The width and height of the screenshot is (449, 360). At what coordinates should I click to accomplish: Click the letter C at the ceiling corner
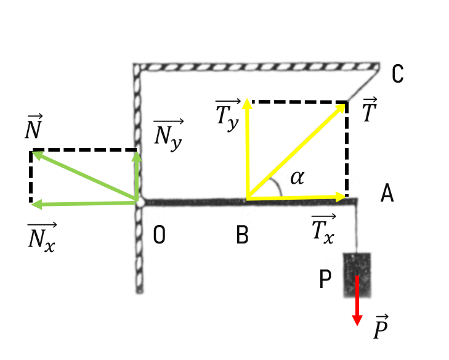pos(397,74)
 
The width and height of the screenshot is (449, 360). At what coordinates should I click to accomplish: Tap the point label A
pos(387,194)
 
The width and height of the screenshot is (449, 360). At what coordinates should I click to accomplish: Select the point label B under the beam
pos(242,235)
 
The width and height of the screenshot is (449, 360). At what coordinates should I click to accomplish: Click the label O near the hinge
pos(159,234)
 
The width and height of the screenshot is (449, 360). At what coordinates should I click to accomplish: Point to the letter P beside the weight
pos(325,279)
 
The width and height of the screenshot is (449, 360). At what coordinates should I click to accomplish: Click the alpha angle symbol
pos(297,178)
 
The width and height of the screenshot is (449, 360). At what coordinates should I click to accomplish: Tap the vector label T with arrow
pos(370,110)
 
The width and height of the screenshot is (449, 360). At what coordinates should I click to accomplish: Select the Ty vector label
pos(228,115)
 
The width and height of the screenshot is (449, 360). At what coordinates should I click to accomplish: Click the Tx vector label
pos(323,229)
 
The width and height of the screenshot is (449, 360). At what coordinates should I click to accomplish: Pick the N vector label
pos(34,127)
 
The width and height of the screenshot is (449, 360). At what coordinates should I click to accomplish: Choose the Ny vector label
pos(168,135)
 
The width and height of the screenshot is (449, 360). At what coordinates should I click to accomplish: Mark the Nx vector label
pos(42,238)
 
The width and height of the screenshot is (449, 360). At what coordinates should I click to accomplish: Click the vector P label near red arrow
pos(381,327)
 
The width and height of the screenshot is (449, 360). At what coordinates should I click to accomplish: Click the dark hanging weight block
pos(357,275)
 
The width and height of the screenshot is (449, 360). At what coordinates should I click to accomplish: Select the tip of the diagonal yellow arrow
pos(345,104)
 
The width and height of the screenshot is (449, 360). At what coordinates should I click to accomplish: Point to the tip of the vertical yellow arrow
pos(247,99)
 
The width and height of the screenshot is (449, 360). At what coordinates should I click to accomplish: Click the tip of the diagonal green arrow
pos(32,152)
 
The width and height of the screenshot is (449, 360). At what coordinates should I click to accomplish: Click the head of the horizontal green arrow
pos(31,205)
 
